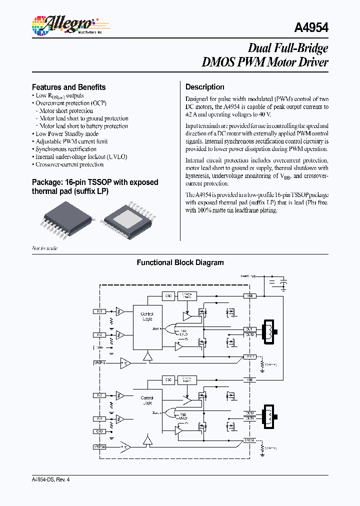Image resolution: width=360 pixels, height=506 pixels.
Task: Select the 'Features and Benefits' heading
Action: click(68, 87)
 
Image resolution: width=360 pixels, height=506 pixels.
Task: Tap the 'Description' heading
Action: click(204, 87)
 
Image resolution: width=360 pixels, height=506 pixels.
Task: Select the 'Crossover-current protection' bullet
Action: click(69, 164)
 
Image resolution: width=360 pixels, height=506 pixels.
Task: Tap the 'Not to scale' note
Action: click(45, 248)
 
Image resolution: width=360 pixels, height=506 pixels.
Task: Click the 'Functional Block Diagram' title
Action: click(180, 262)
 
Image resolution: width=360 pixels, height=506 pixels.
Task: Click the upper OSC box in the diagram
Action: click(168, 296)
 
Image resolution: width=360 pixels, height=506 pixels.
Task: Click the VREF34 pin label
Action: click(99, 446)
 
